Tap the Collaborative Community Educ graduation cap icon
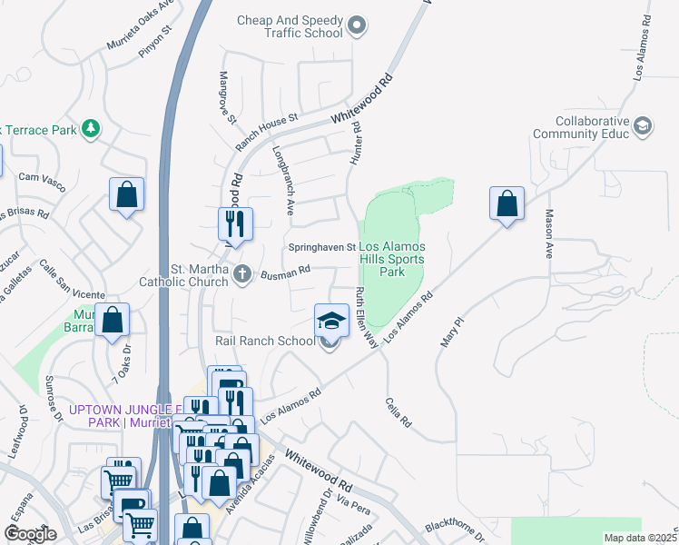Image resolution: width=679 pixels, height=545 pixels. point(644,127)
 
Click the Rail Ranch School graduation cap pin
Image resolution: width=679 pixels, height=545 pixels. point(331,320)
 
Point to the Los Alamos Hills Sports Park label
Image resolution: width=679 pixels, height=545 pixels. point(392,259)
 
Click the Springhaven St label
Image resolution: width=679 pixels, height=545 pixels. point(322,247)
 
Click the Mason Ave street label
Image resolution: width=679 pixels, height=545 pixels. point(548,234)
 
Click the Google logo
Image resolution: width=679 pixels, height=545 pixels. point(30,534)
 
